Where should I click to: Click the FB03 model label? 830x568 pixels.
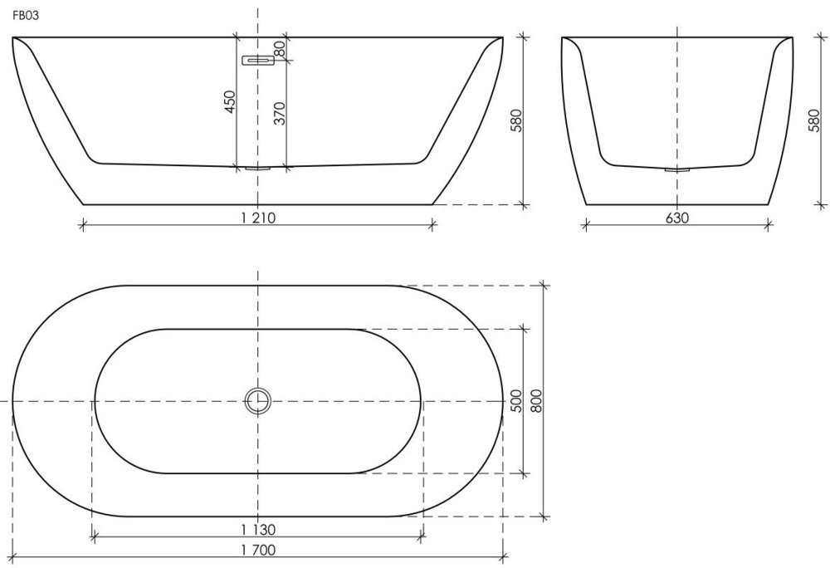[x=26, y=15]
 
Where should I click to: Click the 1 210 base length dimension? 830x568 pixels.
[x=258, y=218]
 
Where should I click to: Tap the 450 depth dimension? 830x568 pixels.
[x=230, y=102]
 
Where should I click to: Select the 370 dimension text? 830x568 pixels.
[x=280, y=113]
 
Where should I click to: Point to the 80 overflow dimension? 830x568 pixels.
[x=280, y=49]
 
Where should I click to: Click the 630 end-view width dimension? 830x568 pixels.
[x=677, y=218]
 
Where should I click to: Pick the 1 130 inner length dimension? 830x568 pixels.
[x=258, y=529]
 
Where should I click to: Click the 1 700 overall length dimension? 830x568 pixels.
[x=258, y=550]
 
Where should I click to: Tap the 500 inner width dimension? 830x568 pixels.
[x=516, y=401]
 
